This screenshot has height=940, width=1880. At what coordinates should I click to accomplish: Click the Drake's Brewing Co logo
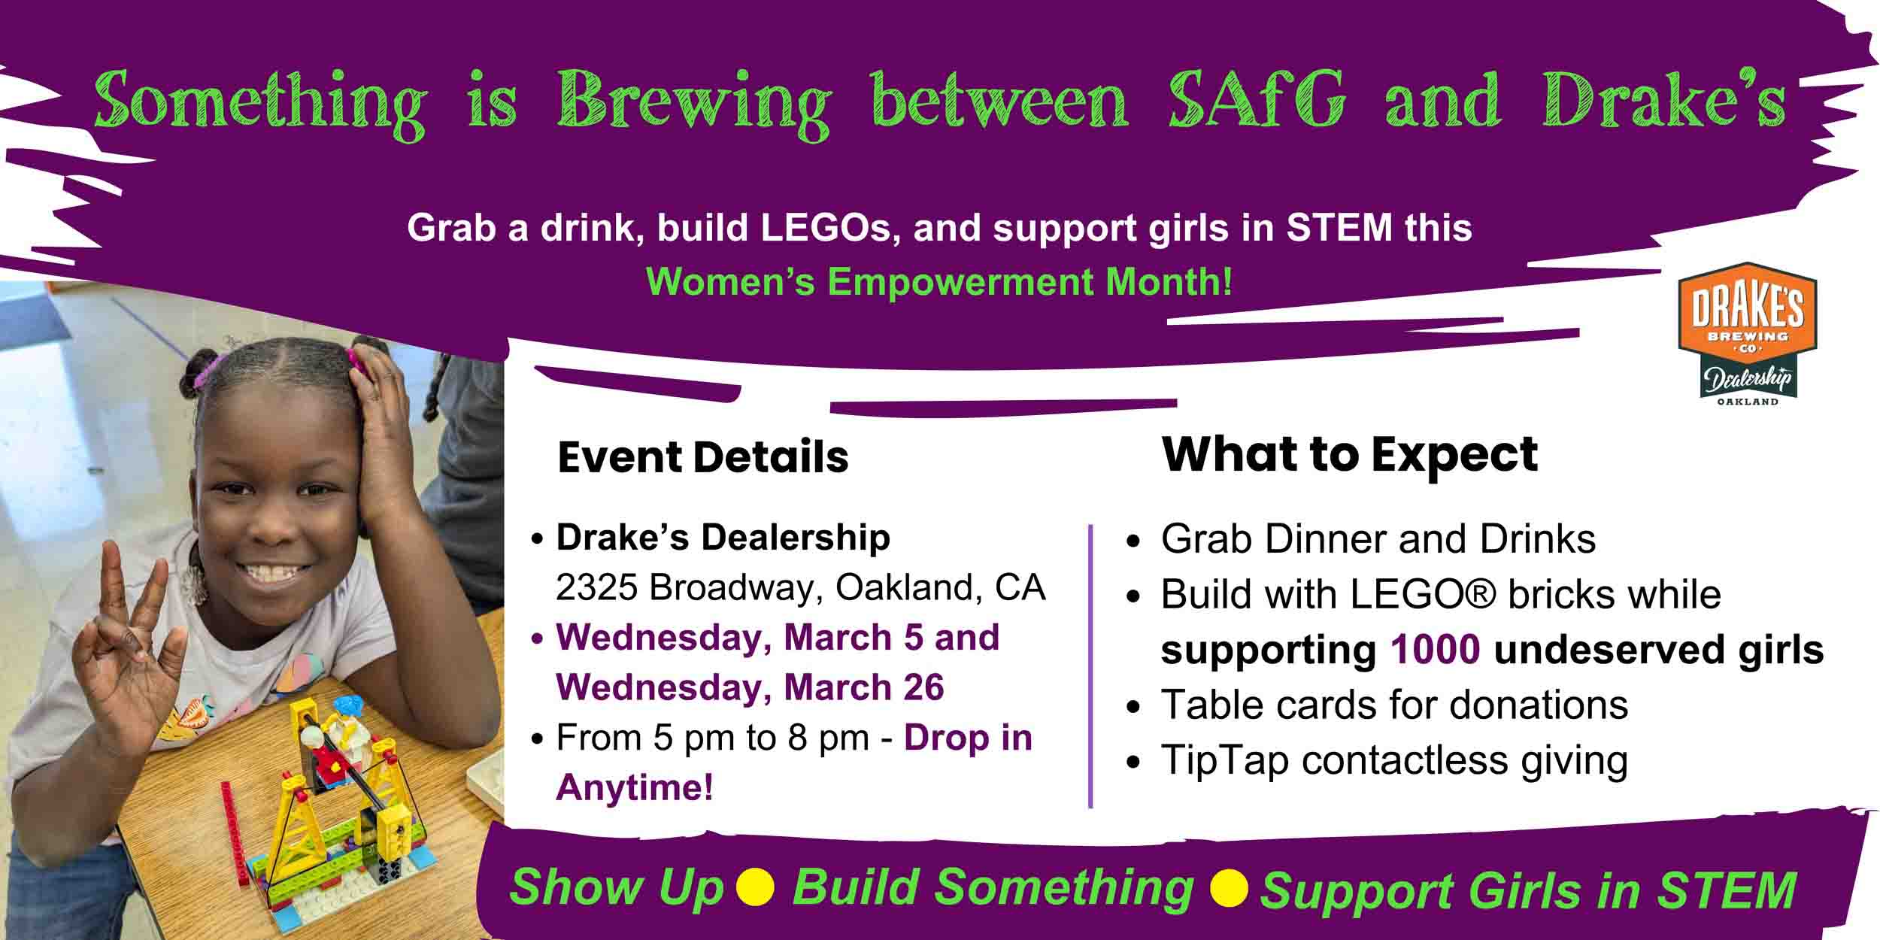point(1747,333)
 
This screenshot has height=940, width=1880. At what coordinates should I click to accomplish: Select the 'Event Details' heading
point(703,457)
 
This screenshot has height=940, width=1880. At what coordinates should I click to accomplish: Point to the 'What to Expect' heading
point(1350,455)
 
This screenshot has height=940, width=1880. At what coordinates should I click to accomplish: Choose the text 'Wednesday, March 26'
point(750,687)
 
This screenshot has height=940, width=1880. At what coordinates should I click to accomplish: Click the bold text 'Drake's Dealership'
point(723,538)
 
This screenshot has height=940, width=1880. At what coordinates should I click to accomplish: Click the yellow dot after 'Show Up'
point(755,887)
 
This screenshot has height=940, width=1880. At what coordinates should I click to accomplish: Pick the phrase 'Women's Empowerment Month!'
point(939,283)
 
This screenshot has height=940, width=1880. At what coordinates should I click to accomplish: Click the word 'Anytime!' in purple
point(634,788)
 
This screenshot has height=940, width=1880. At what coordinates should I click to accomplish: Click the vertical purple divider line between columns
point(1090,666)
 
